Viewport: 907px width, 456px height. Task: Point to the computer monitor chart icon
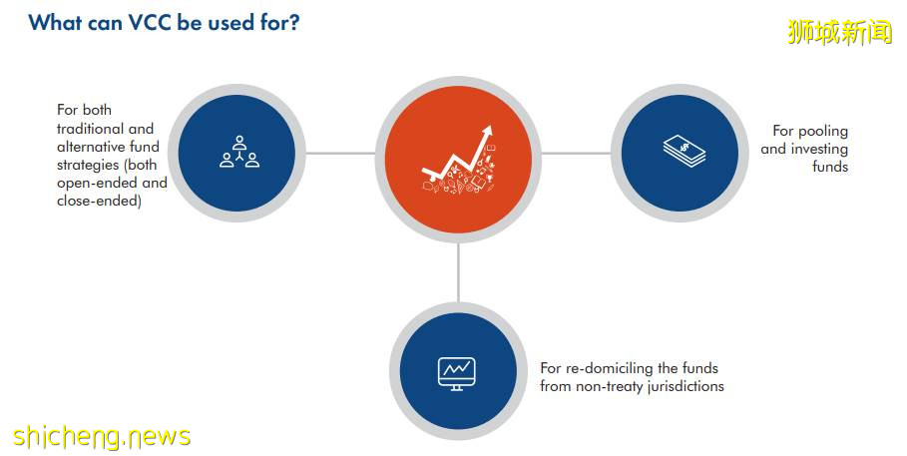tap(456, 373)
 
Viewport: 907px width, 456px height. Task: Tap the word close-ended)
tap(99, 201)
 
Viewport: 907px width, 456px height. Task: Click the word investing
tap(819, 150)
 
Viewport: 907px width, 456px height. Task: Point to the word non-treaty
tap(609, 386)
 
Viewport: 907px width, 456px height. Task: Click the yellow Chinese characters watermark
tap(840, 31)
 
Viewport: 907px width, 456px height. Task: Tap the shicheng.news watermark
tap(101, 436)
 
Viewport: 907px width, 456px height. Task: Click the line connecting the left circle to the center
tap(340, 154)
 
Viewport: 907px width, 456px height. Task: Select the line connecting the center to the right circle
tap(576, 154)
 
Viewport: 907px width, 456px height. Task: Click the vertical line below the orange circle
tap(458, 271)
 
